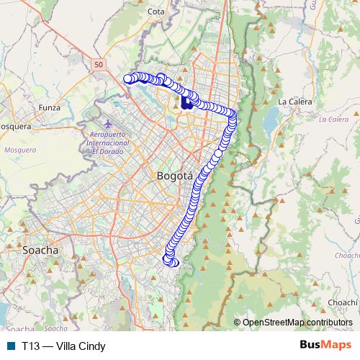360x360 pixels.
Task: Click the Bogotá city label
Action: pos(174,176)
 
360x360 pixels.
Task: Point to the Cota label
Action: pos(156,12)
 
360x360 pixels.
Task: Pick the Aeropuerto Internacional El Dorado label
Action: pos(107,143)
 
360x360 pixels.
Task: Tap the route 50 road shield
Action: pos(98,65)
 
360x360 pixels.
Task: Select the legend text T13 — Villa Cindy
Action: pos(63,346)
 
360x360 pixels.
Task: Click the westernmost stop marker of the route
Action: pos(128,79)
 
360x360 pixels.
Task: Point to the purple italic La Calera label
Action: pos(333,119)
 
